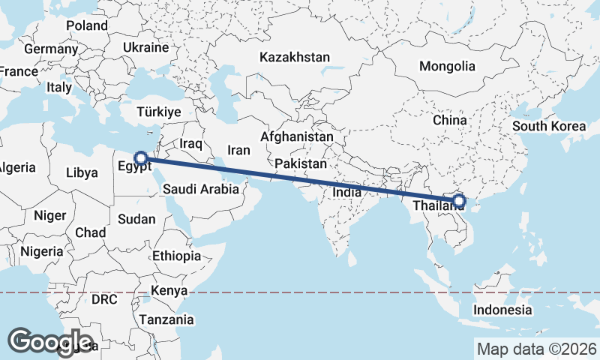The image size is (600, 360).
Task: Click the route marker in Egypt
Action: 139,158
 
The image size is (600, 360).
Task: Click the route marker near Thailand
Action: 460,201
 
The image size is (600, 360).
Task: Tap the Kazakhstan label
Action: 295,57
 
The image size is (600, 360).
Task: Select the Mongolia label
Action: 447,66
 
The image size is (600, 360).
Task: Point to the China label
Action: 449,120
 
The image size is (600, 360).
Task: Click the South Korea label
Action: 549,126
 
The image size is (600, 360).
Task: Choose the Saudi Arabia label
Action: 200,190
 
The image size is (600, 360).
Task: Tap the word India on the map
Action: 346,192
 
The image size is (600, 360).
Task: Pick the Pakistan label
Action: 301,163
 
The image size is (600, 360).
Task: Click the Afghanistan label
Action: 297,137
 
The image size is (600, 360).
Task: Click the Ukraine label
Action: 145,47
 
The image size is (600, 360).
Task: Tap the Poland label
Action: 87,25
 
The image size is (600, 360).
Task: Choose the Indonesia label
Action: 502,310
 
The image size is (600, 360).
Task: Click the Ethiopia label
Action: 176,256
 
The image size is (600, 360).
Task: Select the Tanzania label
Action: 166,319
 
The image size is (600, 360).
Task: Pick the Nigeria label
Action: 41,250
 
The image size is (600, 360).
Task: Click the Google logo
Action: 50,342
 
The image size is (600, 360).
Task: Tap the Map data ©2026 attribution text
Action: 536,349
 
